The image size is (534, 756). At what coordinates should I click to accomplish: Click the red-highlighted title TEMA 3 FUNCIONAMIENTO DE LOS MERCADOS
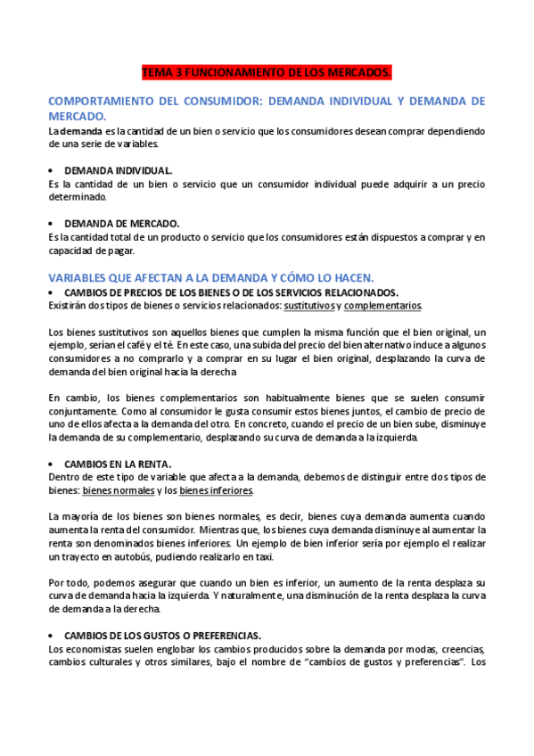point(267,70)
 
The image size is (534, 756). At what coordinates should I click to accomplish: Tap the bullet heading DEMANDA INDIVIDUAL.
point(119,169)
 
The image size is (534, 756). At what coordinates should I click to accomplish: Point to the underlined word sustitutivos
point(309,305)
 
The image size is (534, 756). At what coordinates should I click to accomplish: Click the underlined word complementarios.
point(382,305)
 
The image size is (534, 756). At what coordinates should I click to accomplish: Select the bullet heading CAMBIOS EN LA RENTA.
point(118,464)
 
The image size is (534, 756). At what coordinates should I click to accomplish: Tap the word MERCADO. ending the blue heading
point(77,116)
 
